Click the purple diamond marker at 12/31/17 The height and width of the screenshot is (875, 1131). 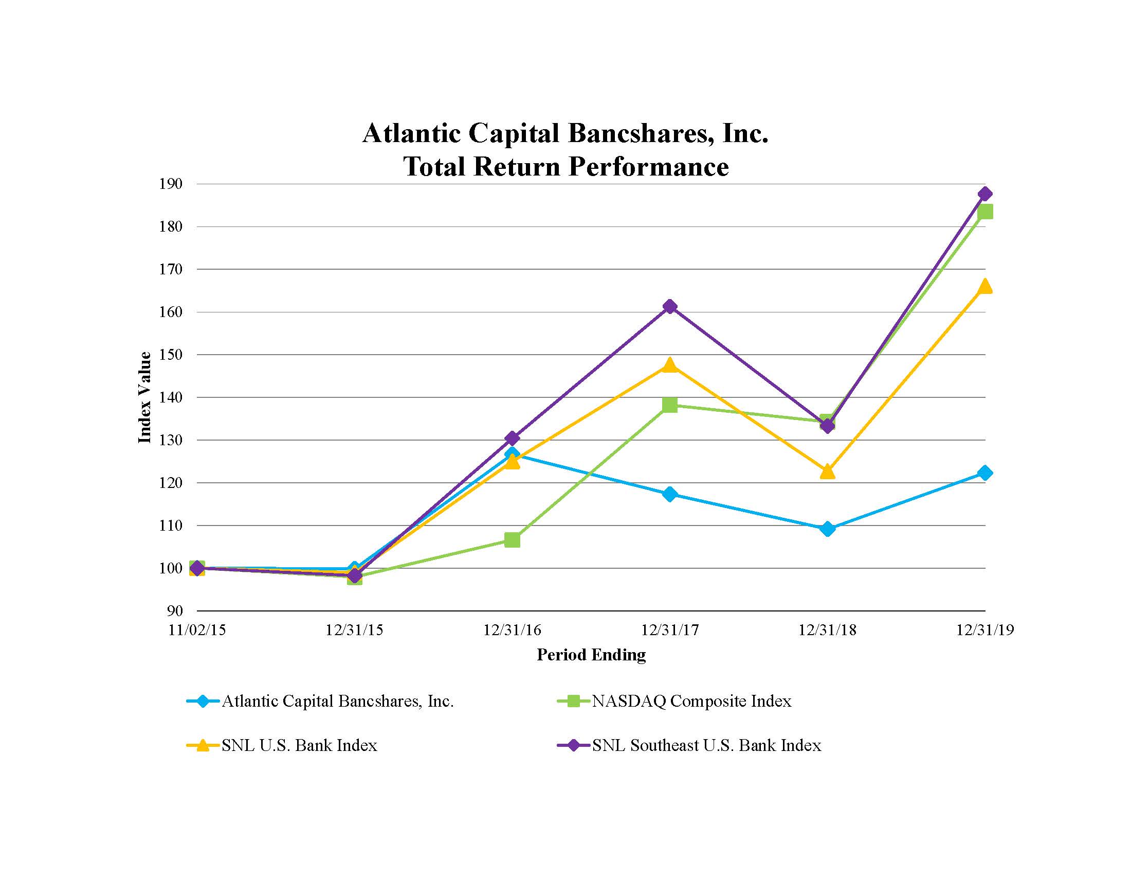pos(669,306)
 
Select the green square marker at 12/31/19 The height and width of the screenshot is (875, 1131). pos(985,212)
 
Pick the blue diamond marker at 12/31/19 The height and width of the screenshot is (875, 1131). pos(985,472)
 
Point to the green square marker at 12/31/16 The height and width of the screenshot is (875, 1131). pos(512,540)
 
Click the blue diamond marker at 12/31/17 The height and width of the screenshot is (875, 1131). pos(669,494)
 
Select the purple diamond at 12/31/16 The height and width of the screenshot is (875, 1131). pos(512,439)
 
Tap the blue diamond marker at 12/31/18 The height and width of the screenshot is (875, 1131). pos(828,529)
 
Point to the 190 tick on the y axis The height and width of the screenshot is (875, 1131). pos(171,184)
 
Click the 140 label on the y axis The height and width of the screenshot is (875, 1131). pos(171,397)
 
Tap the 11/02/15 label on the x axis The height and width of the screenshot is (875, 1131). pos(197,630)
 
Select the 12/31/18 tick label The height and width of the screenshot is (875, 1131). pos(828,630)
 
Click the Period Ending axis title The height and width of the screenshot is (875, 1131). pos(591,655)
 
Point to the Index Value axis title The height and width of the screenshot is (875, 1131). pos(145,397)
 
